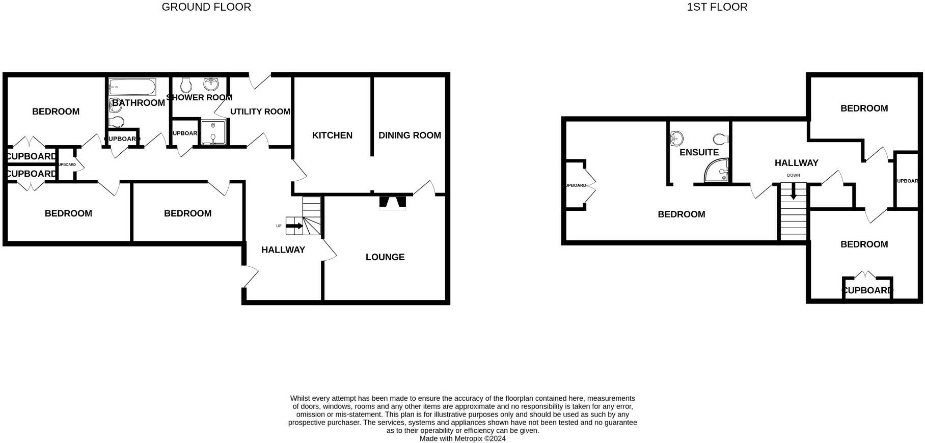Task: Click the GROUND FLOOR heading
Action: (x=206, y=7)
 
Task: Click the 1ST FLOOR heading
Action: (x=717, y=7)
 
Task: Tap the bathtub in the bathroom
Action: (x=132, y=87)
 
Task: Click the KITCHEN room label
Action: (x=332, y=135)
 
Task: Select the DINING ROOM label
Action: (x=410, y=135)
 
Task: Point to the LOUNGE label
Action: (x=385, y=257)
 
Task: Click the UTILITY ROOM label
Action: (x=260, y=112)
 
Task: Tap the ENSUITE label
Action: (x=699, y=152)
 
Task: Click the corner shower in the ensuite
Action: (x=718, y=172)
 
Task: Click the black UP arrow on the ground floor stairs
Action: (x=294, y=225)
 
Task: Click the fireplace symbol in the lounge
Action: (x=393, y=202)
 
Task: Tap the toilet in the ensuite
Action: (x=720, y=139)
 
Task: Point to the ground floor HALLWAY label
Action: (x=283, y=250)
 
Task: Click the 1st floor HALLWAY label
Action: (x=796, y=163)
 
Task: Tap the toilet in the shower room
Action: (x=186, y=85)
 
